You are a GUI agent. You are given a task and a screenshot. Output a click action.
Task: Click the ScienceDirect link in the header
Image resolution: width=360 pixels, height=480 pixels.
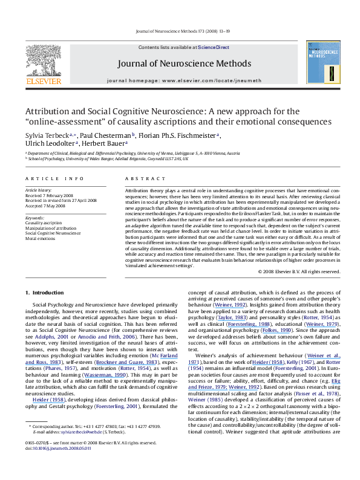pos(213,30)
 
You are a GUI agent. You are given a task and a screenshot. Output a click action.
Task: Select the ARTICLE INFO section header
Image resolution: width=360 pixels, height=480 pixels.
pos(48,179)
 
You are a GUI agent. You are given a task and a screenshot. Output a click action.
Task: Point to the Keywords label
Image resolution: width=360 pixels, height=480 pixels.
pos(35,217)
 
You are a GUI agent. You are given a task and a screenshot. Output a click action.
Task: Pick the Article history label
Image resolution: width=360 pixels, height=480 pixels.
pos(38,190)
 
